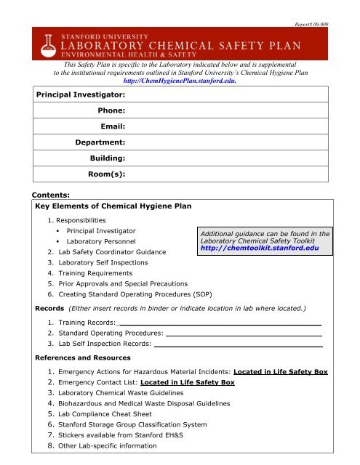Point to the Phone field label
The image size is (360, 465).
(111, 110)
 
